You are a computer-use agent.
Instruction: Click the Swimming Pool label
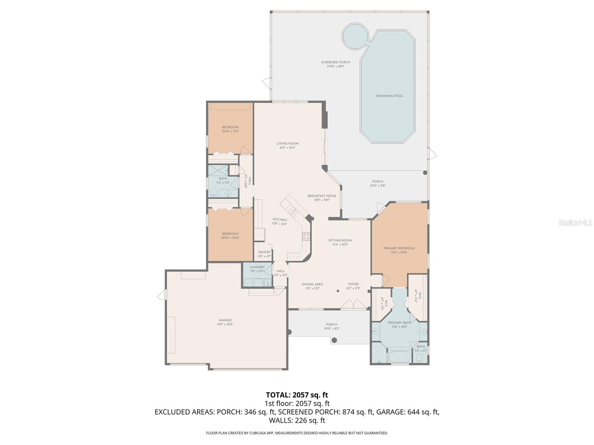pos(389,96)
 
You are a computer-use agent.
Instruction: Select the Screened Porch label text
pos(336,62)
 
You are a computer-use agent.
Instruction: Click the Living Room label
pos(287,144)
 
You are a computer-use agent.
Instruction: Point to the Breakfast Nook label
pos(322,196)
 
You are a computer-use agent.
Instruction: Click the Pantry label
pos(264,252)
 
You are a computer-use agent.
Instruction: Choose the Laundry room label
pos(257,267)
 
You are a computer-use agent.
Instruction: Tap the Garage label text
pos(225,320)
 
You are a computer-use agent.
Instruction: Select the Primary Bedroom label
pos(399,248)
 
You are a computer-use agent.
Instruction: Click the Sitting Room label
pos(340,240)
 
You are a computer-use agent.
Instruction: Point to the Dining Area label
pos(312,284)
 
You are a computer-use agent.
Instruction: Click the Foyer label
pos(353,284)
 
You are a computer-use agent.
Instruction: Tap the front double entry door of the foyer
pos(353,304)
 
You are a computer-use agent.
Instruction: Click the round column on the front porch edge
pos(334,340)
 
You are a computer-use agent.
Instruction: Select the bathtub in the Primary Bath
pos(399,357)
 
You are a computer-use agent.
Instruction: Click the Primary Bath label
pos(399,323)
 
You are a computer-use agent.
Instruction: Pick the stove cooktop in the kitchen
pos(306,236)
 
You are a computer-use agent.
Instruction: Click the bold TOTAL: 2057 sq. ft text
pos(297,395)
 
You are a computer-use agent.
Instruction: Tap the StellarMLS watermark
pos(575,222)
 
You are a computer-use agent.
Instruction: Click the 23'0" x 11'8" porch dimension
pos(378,185)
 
